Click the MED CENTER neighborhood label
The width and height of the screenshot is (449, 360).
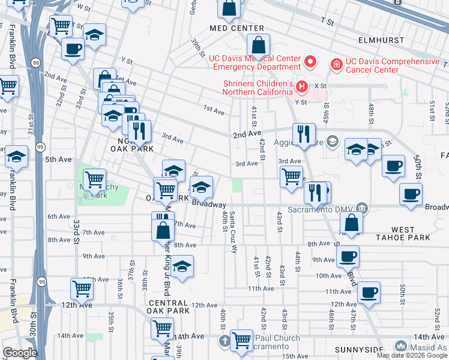pyautogui.click(x=237, y=28)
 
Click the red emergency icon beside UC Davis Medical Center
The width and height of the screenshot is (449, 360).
pyautogui.click(x=310, y=62)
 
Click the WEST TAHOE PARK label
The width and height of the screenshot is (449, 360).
pyautogui.click(x=411, y=233)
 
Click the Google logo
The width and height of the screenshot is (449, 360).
pyautogui.click(x=20, y=353)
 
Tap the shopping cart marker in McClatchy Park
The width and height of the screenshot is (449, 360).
pyautogui.click(x=94, y=179)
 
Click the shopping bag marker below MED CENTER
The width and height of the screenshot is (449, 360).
pyautogui.click(x=258, y=44)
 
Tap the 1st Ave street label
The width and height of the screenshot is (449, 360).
pyautogui.click(x=214, y=110)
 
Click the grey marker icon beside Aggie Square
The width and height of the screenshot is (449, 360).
pyautogui.click(x=334, y=143)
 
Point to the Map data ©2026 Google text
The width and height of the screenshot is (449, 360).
pyautogui.click(x=412, y=355)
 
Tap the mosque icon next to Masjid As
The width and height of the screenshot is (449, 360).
pyautogui.click(x=400, y=346)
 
